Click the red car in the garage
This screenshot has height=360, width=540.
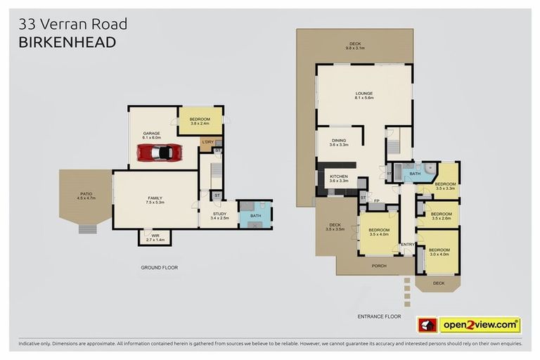point(166,152)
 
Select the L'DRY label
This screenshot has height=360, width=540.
point(207,143)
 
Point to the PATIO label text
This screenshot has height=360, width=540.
point(85,195)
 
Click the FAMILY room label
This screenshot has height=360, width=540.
point(155,199)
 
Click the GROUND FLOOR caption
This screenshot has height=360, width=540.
point(160,268)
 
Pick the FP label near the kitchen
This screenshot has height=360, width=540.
point(376,202)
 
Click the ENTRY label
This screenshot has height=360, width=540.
point(407,245)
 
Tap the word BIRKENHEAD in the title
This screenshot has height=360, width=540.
point(67,43)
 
